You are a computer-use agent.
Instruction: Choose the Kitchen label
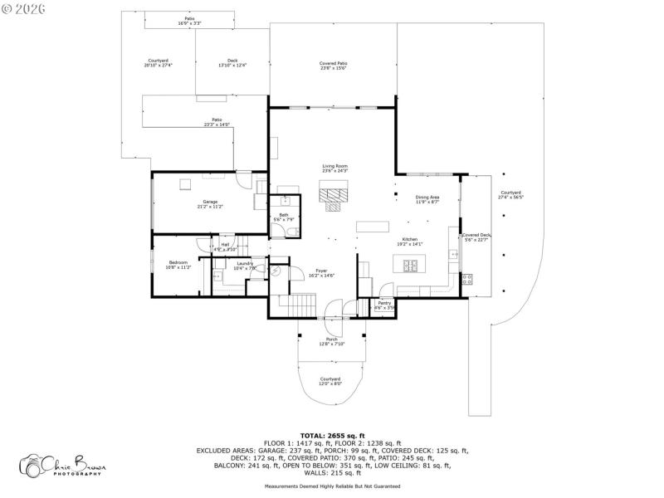pos(411,242)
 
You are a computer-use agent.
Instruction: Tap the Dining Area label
pos(427,199)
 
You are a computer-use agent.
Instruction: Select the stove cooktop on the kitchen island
pos(411,266)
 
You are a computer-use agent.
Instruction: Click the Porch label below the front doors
pos(332,341)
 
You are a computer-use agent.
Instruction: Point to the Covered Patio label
pos(333,66)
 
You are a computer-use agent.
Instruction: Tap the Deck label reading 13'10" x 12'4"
pos(232,62)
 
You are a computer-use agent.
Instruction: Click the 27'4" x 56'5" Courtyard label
pos(510,195)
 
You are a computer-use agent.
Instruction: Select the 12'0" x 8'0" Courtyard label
pos(331,381)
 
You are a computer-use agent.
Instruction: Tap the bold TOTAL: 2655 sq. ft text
pos(332,435)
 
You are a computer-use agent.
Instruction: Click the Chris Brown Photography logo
pos(63,465)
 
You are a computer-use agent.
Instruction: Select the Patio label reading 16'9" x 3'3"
pos(190,21)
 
